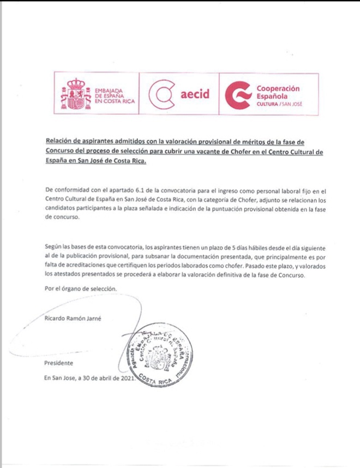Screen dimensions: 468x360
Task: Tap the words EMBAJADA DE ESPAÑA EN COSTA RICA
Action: click(x=114, y=94)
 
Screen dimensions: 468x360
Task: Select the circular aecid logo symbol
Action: click(x=161, y=94)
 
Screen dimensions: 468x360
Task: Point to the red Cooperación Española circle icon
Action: click(x=239, y=94)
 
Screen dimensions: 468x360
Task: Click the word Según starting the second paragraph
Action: click(x=54, y=248)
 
